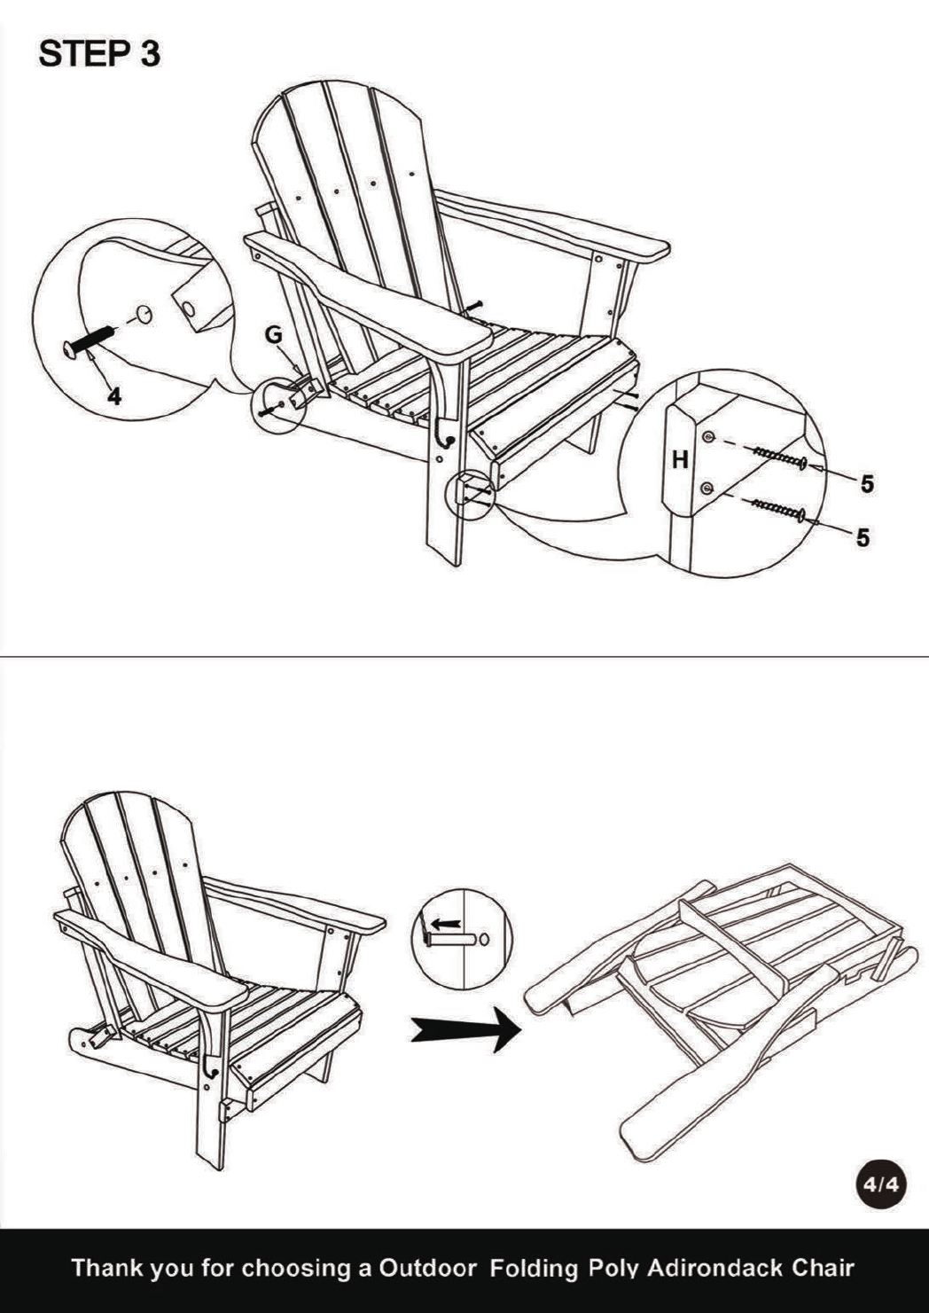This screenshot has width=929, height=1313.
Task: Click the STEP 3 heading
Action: click(x=99, y=54)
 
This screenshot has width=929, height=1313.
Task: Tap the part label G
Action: click(x=274, y=335)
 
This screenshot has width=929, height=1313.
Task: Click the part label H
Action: click(x=680, y=460)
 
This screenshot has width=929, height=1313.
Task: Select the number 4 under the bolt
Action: click(x=115, y=397)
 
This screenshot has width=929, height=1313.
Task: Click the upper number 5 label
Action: click(x=867, y=484)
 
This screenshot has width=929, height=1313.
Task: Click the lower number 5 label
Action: click(x=863, y=537)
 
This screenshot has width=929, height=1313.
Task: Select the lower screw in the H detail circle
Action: click(x=777, y=510)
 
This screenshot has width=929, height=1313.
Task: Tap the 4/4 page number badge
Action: click(x=880, y=1184)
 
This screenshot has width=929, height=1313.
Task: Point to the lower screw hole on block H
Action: click(x=707, y=488)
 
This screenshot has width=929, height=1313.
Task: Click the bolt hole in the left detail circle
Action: click(x=144, y=313)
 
